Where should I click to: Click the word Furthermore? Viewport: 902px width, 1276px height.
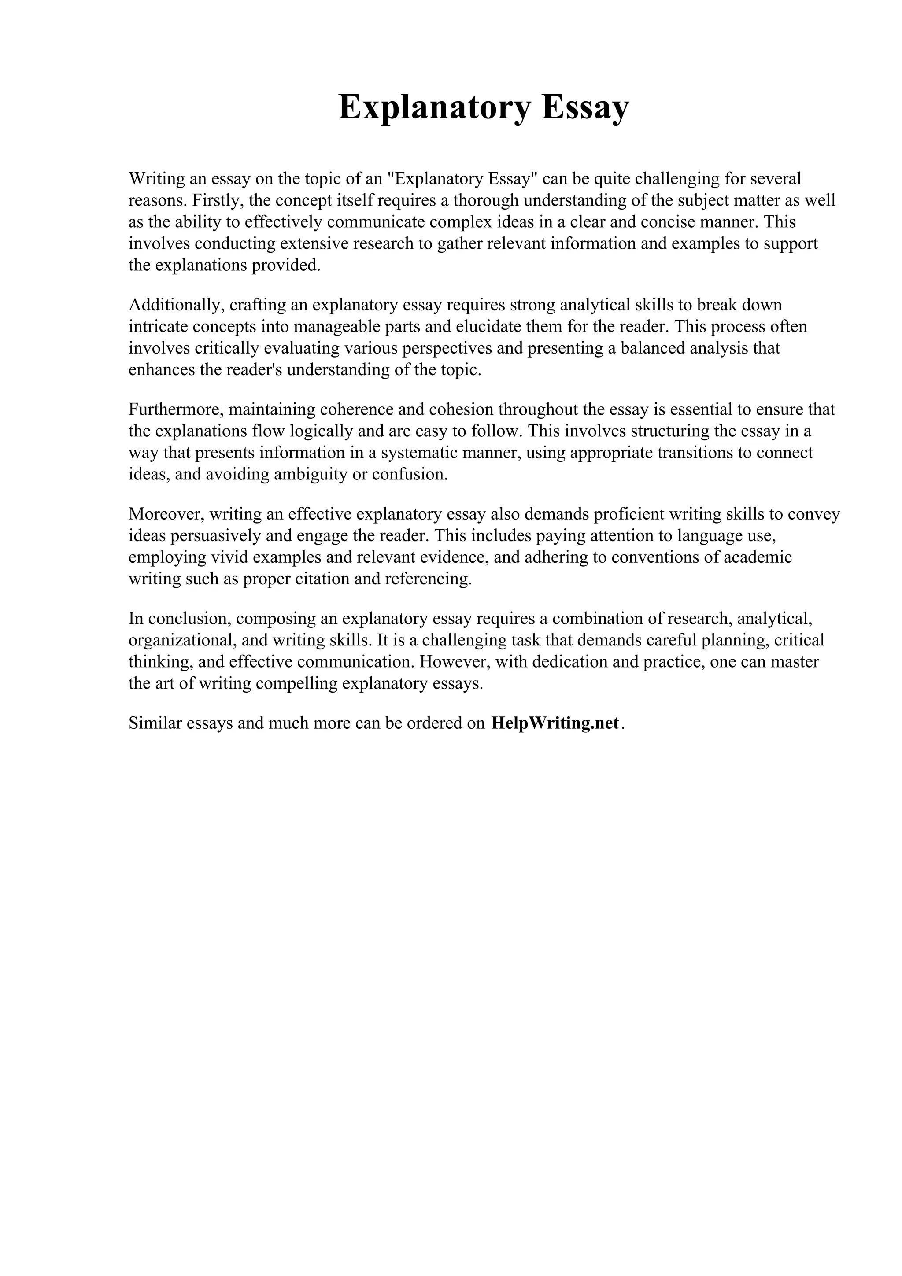pos(176,409)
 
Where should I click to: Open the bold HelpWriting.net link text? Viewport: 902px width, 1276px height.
pos(555,723)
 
